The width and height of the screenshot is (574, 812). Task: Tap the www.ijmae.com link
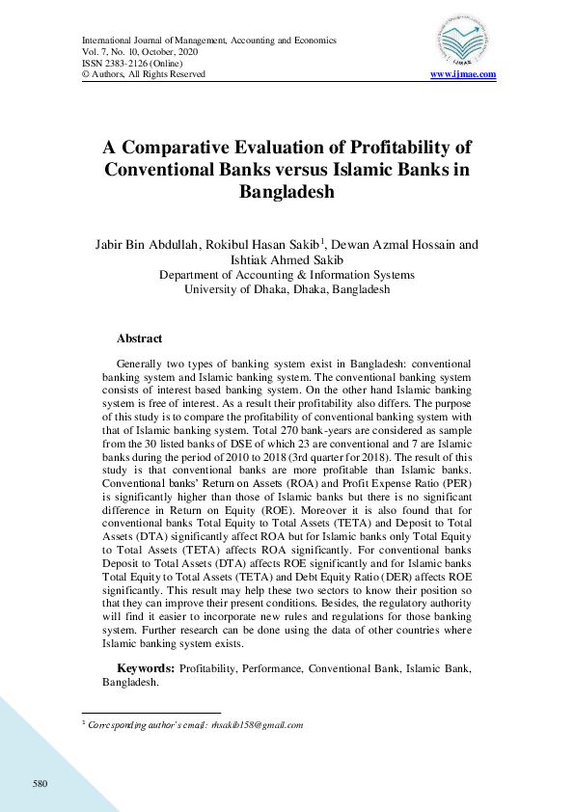point(463,74)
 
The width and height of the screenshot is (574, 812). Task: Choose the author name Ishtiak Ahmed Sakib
point(287,259)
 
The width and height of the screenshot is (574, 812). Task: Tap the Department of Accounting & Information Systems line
point(287,274)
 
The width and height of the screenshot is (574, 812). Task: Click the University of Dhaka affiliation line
point(287,288)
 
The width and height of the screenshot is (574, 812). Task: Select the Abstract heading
point(139,339)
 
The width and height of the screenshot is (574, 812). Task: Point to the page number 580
point(40,782)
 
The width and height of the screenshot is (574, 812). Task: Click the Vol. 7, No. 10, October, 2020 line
point(142,52)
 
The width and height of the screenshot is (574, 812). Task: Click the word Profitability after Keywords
point(209,668)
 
